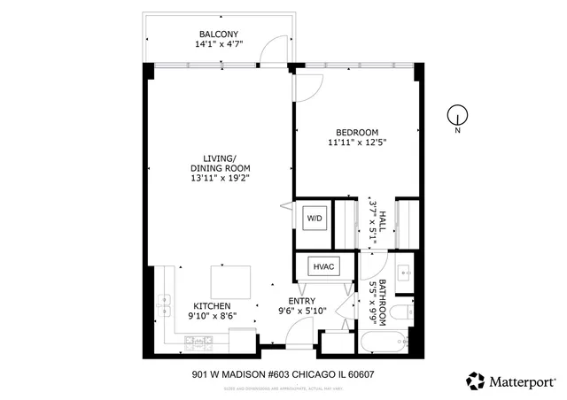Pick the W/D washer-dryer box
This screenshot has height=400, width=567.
[315, 218]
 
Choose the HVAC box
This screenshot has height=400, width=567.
[321, 266]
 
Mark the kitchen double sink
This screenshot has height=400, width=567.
[164, 305]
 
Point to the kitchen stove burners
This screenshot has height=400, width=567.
[192, 340]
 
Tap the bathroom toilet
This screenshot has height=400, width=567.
[400, 312]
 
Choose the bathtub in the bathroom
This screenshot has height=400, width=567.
[384, 341]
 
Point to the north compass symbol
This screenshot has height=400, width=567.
[457, 114]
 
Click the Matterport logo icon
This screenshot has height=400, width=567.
[476, 381]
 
